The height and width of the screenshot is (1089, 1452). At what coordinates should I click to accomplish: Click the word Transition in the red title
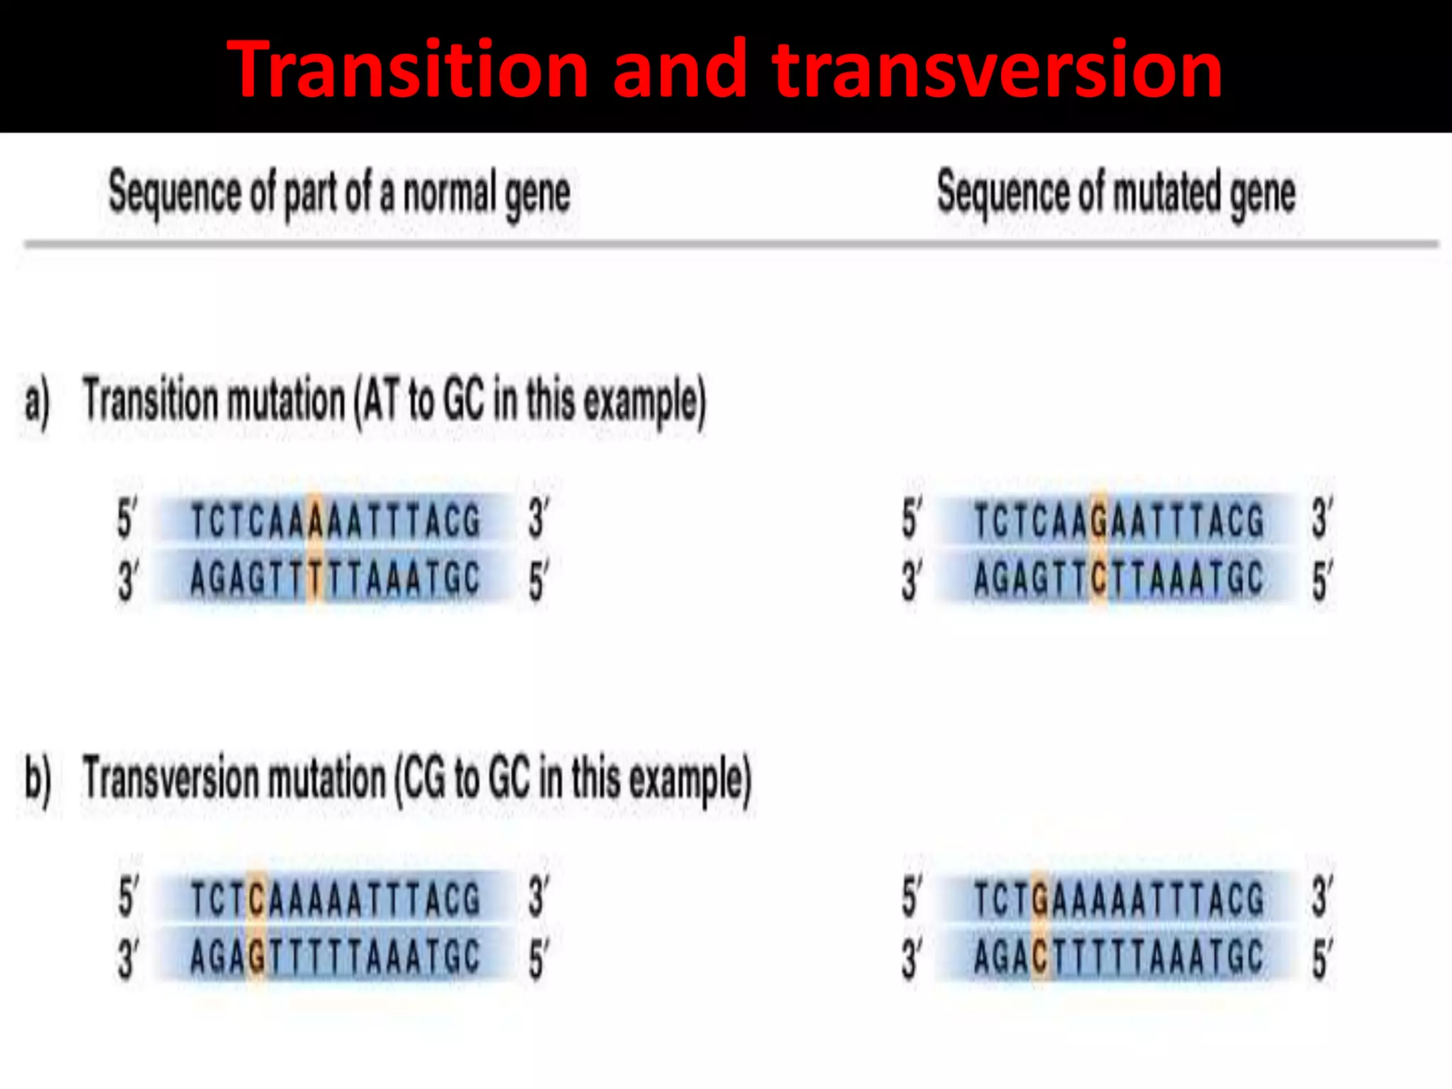pos(408,69)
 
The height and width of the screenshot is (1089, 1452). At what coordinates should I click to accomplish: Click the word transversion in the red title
pos(998,69)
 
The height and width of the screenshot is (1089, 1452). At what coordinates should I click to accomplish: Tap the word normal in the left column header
pos(449,193)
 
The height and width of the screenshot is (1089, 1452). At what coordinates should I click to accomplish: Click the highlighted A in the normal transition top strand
pos(315,520)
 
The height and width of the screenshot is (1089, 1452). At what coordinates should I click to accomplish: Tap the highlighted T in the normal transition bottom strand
pos(315,579)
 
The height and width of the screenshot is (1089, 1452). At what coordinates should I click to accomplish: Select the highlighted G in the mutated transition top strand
pos(1099,520)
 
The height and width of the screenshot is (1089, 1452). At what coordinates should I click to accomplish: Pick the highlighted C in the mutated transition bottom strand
pos(1099,579)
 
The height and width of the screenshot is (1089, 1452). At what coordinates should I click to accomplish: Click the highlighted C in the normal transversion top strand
pos(257,899)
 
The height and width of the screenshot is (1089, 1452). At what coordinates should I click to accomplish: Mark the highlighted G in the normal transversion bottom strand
pos(257,957)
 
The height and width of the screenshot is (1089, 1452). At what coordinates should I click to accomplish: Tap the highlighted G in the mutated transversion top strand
pos(1040,899)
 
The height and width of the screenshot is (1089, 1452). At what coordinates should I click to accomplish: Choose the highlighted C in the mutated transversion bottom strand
pos(1040,957)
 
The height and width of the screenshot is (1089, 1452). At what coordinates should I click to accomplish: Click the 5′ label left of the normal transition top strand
pos(126,519)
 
